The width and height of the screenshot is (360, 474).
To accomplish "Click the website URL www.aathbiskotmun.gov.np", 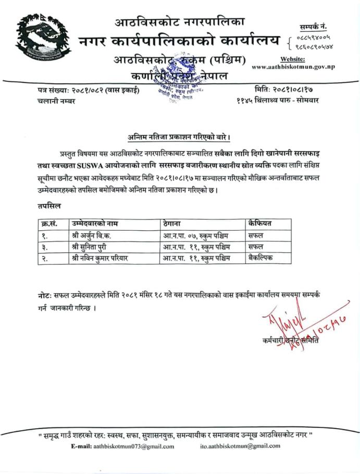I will [x=293, y=67].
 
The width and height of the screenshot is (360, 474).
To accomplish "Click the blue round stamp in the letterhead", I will [x=175, y=83].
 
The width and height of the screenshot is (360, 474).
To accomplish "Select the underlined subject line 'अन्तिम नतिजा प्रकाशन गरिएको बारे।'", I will [x=180, y=137].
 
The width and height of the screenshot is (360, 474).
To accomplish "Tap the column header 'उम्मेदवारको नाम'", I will [x=95, y=223].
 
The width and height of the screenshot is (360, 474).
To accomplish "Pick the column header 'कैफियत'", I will [x=260, y=223].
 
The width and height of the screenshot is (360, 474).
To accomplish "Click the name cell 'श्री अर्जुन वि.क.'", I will [x=91, y=235].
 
